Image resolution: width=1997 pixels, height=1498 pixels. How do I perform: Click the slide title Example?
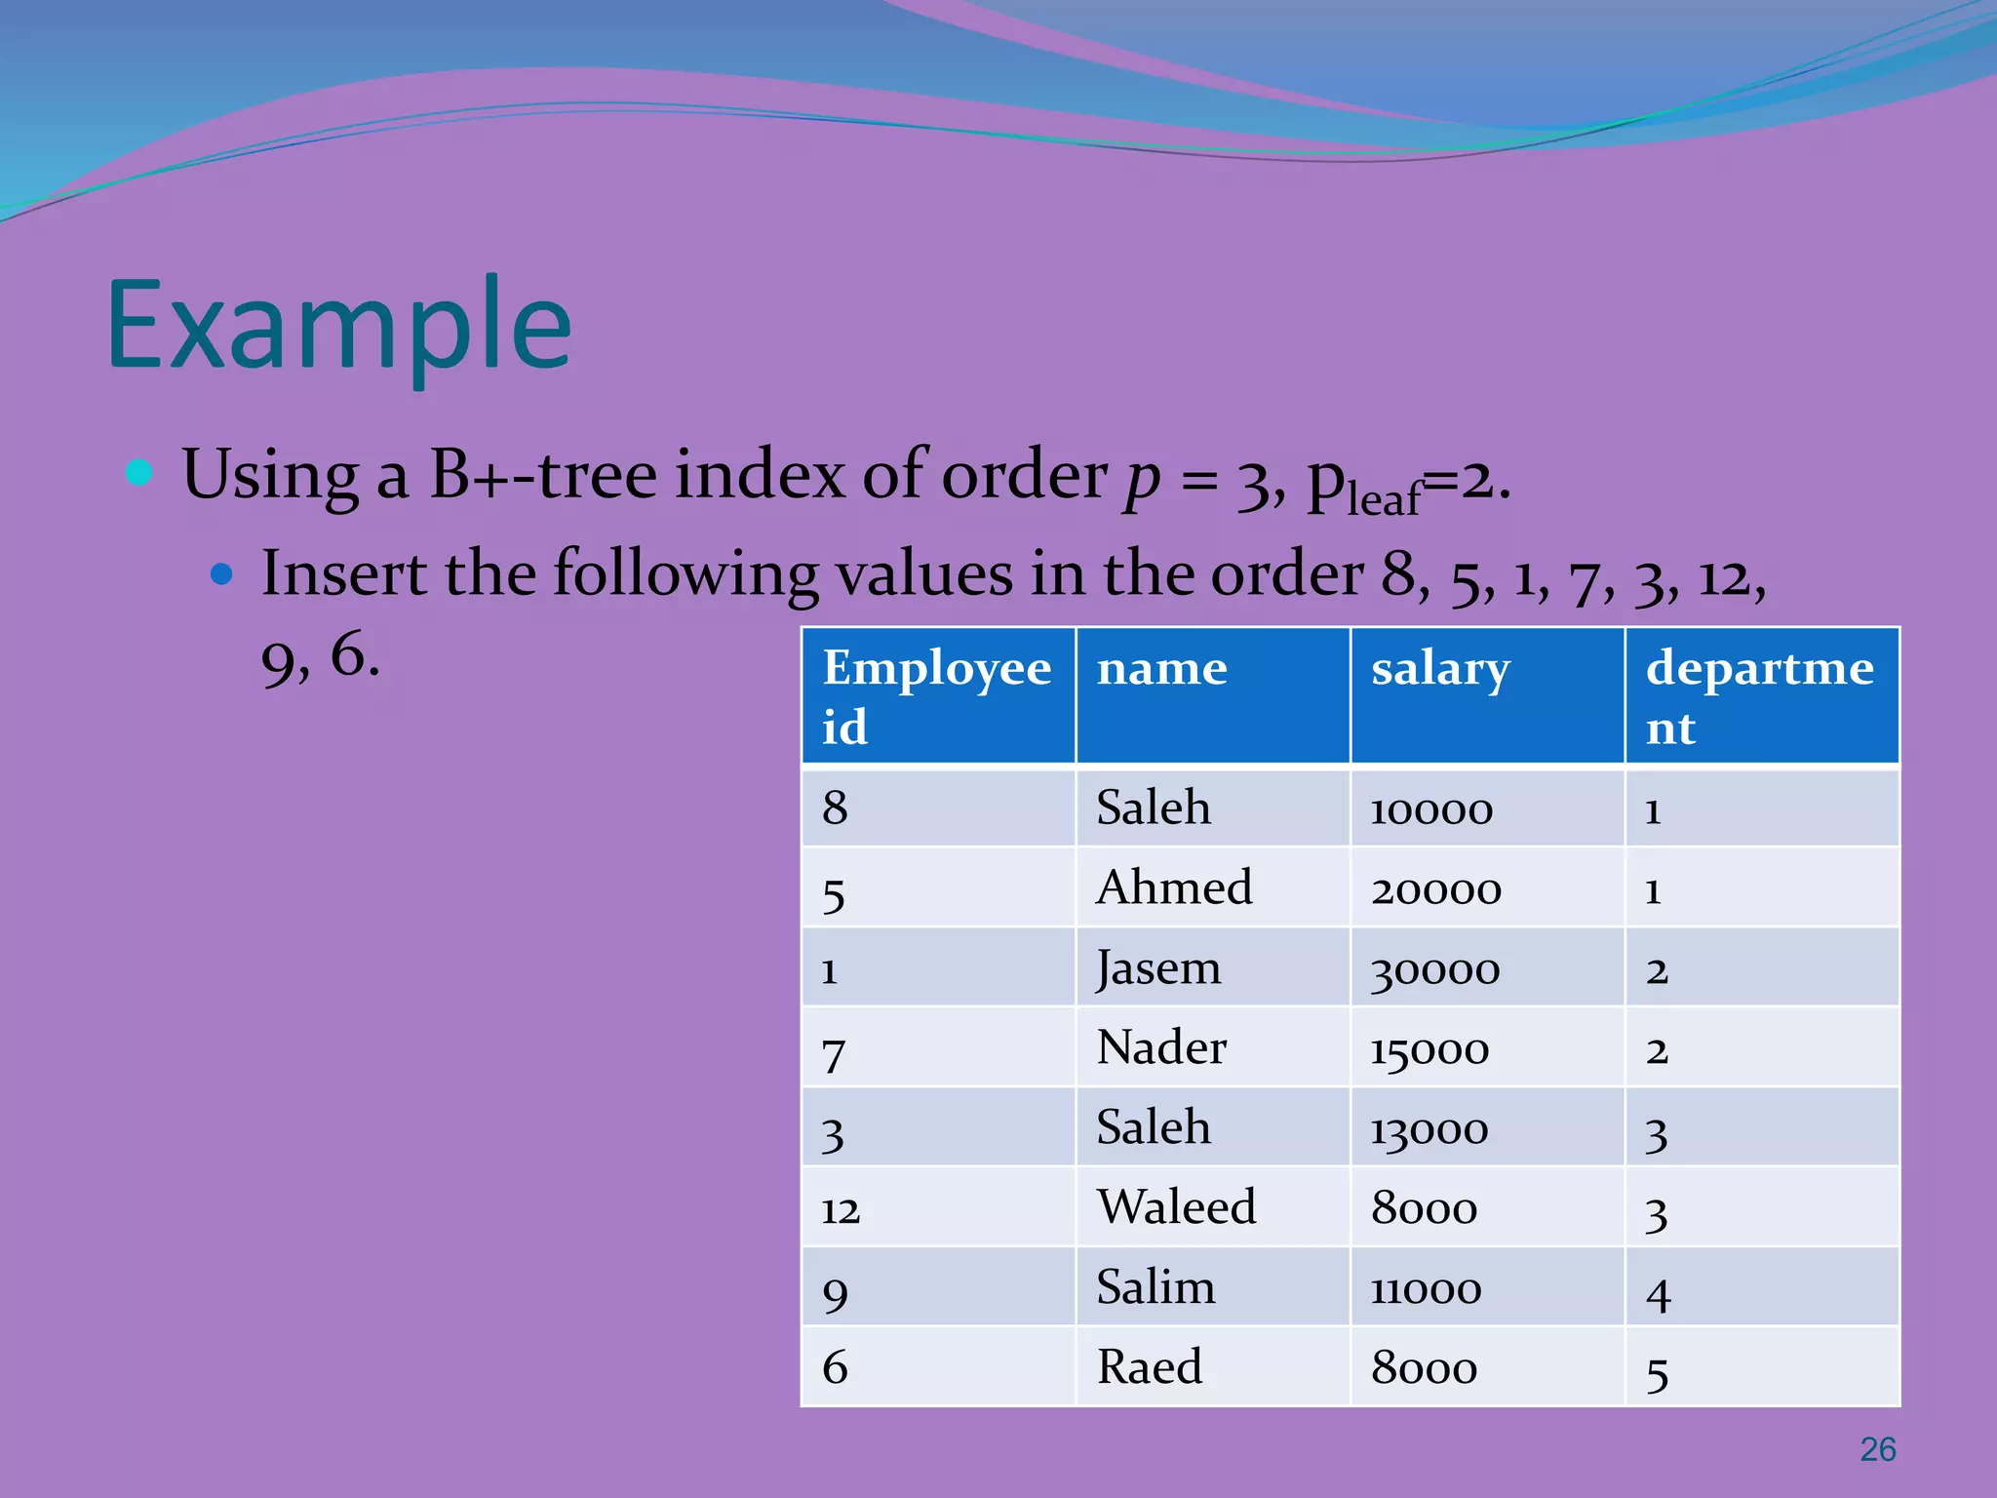point(339,327)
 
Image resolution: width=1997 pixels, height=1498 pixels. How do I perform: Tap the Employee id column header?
point(936,695)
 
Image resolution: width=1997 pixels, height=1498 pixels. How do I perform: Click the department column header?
point(1760,695)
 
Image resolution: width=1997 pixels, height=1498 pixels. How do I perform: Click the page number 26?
point(1877,1449)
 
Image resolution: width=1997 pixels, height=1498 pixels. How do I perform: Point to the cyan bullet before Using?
point(140,473)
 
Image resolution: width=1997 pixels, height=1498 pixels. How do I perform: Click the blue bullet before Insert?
point(222,573)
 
